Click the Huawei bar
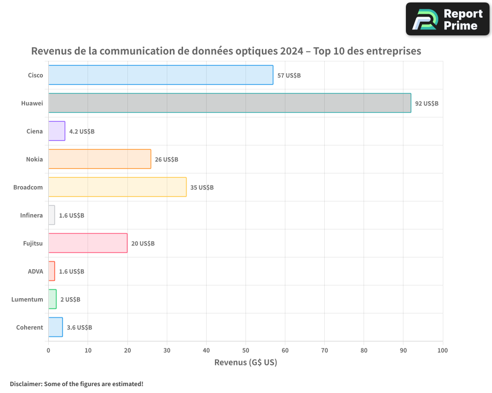coord(229,103)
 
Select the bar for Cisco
coord(160,75)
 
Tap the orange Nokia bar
coord(99,159)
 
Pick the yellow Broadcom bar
coord(117,187)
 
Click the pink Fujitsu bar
coord(88,243)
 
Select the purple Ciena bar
coord(57,131)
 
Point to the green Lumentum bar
coord(52,299)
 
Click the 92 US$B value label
coord(427,104)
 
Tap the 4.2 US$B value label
coord(82,132)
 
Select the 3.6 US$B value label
coord(79,328)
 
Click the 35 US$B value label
coord(202,188)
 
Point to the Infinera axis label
coord(31,215)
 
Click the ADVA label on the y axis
coord(35,271)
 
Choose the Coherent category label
coord(30,327)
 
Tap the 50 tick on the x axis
coord(246,350)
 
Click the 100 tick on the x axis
coord(442,350)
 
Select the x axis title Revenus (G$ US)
coord(246,363)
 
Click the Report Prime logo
coord(447,19)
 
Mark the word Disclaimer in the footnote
coord(25,384)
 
